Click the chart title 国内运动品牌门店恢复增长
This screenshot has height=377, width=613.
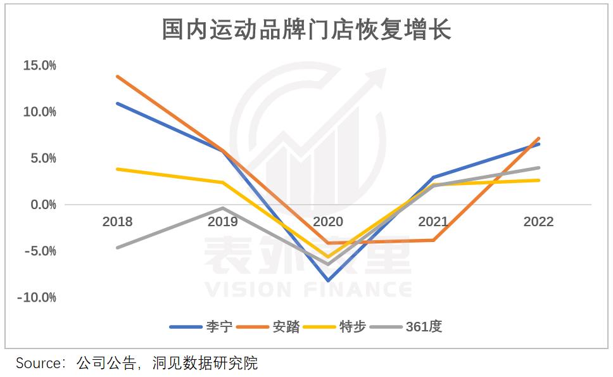pyautogui.click(x=306, y=30)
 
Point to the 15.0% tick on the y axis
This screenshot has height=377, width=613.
pyautogui.click(x=39, y=65)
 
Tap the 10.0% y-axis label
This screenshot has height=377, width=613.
pyautogui.click(x=39, y=112)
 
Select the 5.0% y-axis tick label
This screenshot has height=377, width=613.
pyautogui.click(x=42, y=158)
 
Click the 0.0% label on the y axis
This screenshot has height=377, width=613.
pyautogui.click(x=42, y=205)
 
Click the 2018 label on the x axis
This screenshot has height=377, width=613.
pyautogui.click(x=117, y=222)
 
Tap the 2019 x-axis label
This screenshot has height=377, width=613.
pyautogui.click(x=223, y=222)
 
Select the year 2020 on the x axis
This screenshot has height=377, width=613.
pyautogui.click(x=328, y=222)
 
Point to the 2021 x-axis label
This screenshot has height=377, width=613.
pyautogui.click(x=433, y=222)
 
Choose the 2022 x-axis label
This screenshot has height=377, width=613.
pyautogui.click(x=538, y=222)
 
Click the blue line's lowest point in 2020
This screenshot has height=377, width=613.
pyautogui.click(x=328, y=280)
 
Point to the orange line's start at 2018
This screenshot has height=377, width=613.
pyautogui.click(x=117, y=76)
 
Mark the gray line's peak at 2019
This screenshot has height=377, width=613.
pyautogui.click(x=223, y=208)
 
